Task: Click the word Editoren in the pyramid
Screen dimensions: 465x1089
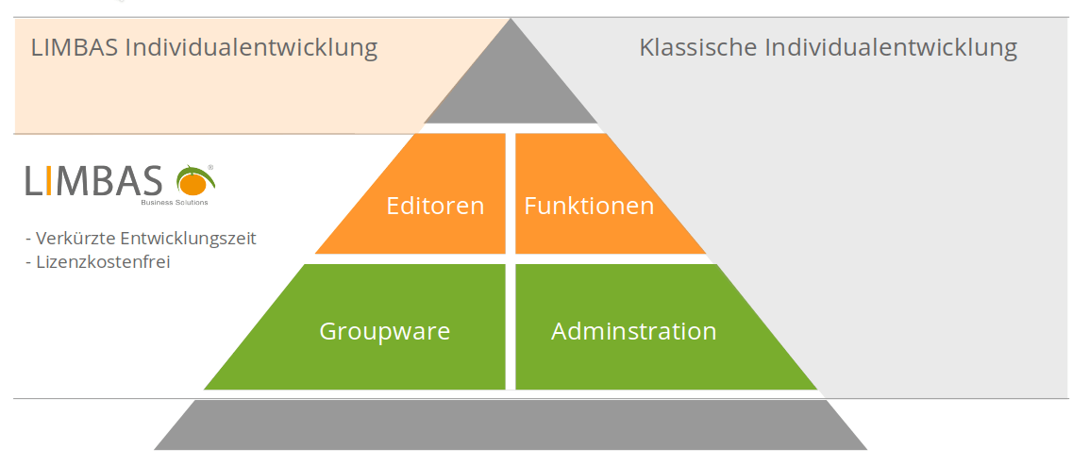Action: [435, 206]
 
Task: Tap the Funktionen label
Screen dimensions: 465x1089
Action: [589, 206]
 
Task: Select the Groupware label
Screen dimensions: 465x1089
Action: [384, 331]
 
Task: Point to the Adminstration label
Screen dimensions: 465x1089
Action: [633, 331]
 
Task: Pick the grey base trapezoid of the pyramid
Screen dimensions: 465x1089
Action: [511, 425]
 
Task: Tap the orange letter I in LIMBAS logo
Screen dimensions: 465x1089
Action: [47, 181]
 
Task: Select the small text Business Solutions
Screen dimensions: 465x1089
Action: [175, 202]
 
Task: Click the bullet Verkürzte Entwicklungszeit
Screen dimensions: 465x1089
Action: [141, 238]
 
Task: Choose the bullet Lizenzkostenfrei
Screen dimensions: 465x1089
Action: [98, 262]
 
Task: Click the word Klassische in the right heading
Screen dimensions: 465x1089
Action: [697, 47]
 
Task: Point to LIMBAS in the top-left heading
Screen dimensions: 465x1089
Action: [76, 47]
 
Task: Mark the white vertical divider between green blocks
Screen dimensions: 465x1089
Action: [511, 326]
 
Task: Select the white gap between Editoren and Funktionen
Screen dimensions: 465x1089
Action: [511, 193]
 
